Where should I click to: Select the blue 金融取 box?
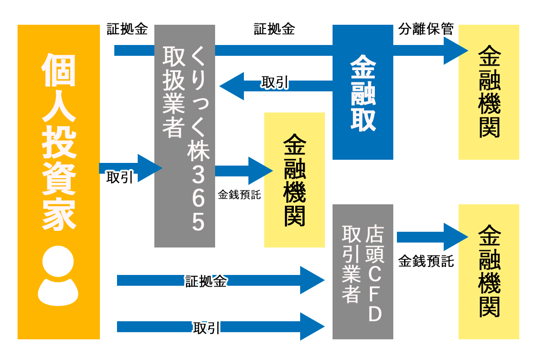tap(363, 92)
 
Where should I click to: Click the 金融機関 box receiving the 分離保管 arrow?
tap(489, 92)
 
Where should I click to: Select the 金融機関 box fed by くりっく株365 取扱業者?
tap(294, 180)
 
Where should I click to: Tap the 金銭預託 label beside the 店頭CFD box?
tap(426, 261)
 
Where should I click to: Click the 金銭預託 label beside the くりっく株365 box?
tap(239, 195)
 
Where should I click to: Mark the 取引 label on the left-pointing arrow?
tap(274, 83)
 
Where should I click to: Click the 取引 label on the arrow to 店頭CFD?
tap(207, 328)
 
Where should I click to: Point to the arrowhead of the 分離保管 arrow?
tap(455, 50)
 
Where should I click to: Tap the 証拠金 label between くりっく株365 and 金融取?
tap(274, 30)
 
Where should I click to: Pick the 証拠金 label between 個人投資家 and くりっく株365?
tap(127, 30)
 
